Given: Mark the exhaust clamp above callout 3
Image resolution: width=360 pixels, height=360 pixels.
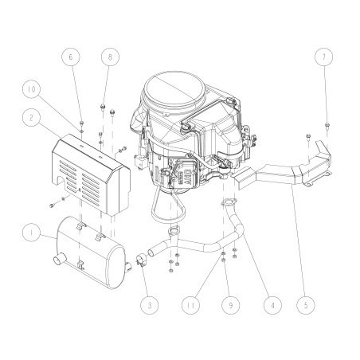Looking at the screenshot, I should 140,259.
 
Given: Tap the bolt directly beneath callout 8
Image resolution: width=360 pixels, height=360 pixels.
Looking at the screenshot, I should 104,106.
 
